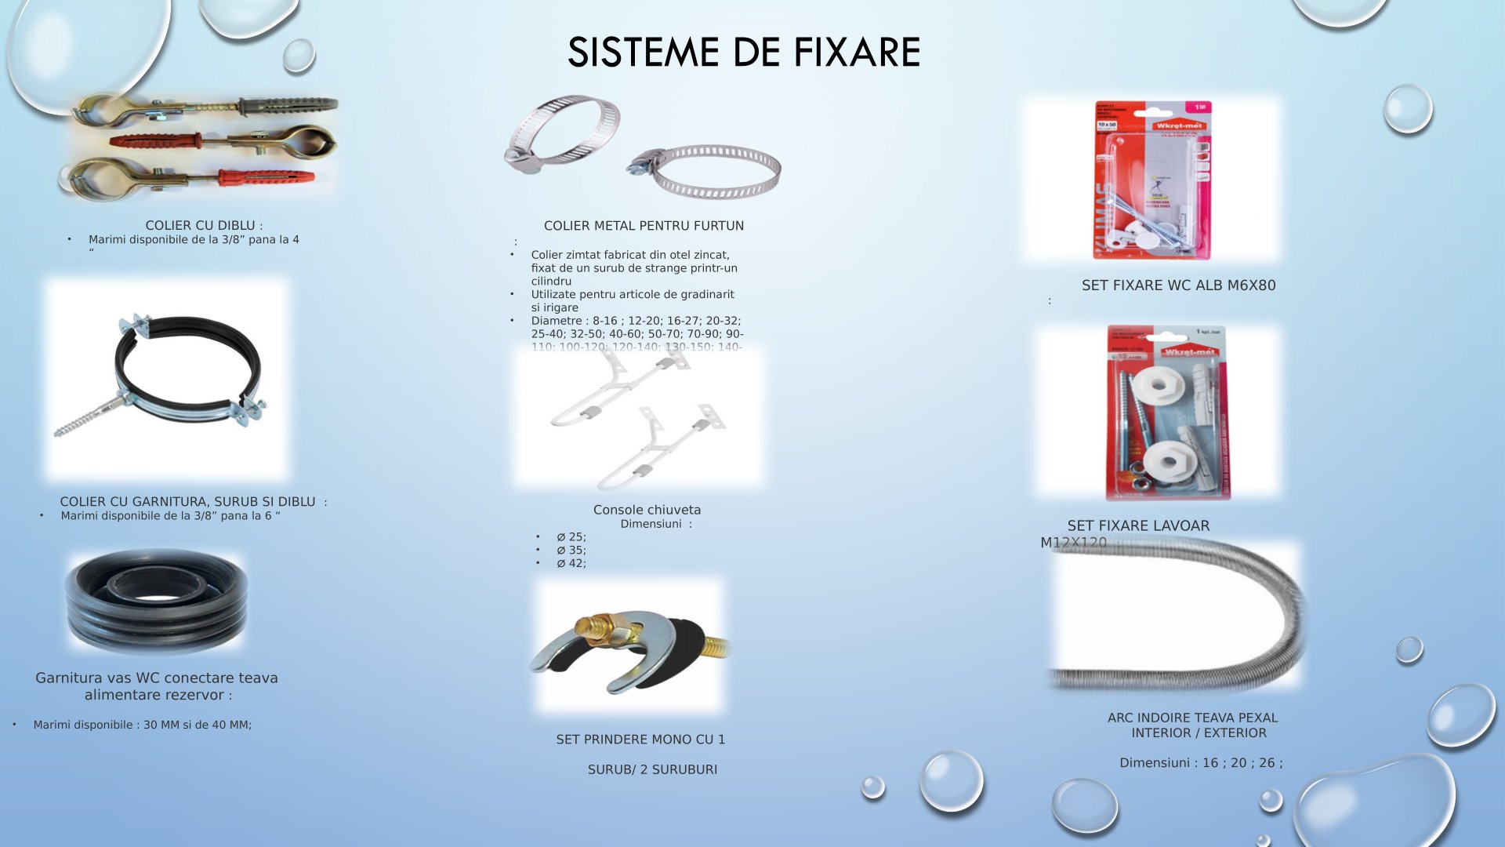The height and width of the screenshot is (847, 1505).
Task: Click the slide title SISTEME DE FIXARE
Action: point(743,53)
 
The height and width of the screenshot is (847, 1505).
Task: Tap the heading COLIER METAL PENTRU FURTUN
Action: point(644,226)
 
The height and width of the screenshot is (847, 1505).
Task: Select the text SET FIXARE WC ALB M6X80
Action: point(1178,285)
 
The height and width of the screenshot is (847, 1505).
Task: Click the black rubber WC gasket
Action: point(157,602)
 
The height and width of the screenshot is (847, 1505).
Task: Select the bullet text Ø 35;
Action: point(571,551)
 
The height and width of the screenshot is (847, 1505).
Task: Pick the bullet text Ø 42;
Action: point(571,564)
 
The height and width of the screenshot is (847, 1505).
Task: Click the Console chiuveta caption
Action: point(647,510)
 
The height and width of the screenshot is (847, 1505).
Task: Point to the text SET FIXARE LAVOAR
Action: point(1138,526)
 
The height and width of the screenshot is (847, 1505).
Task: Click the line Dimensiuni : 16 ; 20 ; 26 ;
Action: point(1201,763)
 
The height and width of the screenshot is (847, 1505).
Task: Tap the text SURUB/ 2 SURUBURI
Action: point(652,770)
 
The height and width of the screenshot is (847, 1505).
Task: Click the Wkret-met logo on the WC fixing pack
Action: point(1178,125)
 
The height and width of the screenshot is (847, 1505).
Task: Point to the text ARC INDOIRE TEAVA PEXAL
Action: point(1192,718)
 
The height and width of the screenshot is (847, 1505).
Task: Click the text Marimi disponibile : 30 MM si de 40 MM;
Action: point(142,725)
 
